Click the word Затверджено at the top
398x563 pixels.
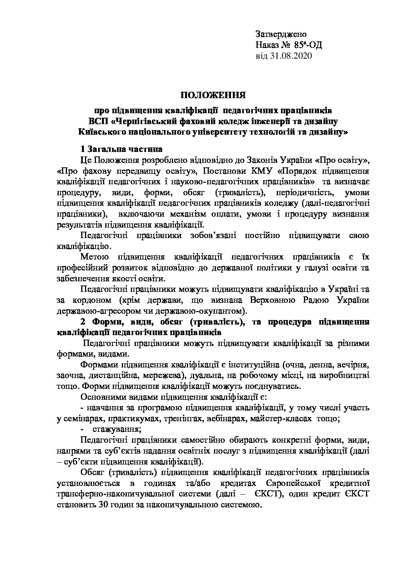tap(281, 34)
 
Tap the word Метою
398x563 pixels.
tap(95, 257)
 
